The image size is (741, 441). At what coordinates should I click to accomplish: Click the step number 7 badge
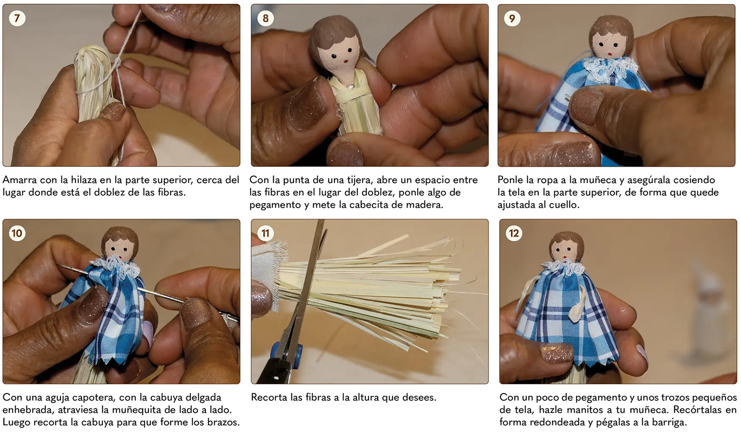17,18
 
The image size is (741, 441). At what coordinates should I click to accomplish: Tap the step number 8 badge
265,18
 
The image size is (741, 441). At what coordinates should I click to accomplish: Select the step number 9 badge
512,18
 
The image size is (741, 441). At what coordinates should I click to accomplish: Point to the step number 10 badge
17,233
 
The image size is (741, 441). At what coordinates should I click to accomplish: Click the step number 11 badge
265,233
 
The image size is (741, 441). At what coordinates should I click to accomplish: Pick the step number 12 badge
514,233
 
